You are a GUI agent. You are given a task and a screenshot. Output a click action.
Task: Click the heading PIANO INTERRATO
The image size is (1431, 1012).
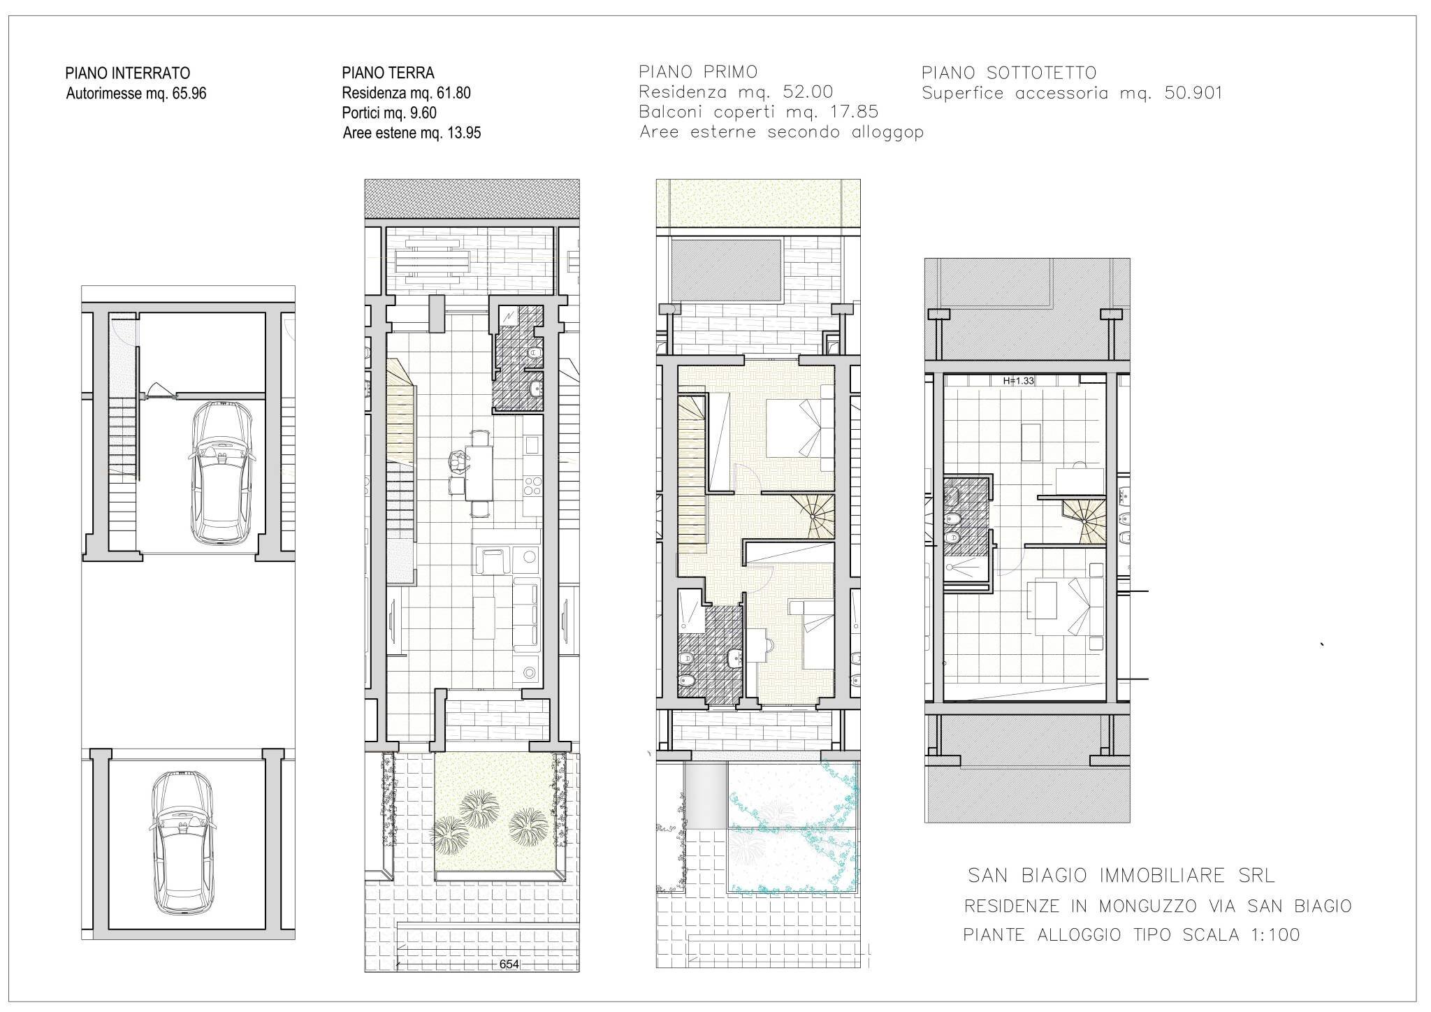[x=127, y=73]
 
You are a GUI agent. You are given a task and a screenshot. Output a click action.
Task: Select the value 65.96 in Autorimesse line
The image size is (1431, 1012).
[x=187, y=94]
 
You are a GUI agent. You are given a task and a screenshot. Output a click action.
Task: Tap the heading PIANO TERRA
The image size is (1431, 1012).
[x=388, y=73]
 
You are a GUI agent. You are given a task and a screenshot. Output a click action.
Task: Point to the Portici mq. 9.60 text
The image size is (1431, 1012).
[x=389, y=113]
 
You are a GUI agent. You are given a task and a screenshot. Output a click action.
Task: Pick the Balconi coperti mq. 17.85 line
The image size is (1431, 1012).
[x=758, y=112]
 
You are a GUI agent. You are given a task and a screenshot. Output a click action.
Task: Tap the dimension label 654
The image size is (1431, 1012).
[x=509, y=964]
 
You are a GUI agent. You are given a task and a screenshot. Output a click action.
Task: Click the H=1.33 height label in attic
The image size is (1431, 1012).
[x=1018, y=381]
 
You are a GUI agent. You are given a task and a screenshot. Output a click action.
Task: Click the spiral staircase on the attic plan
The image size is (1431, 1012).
[x=1086, y=521]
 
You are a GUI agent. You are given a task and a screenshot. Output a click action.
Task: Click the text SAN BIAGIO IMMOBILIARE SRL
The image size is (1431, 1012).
[x=1121, y=875]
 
